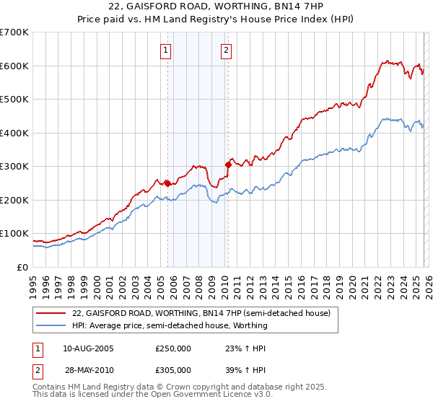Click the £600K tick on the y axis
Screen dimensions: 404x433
click(14, 66)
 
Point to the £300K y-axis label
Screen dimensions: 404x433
click(14, 167)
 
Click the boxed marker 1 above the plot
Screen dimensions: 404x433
click(166, 50)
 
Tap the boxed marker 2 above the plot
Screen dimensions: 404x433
click(226, 50)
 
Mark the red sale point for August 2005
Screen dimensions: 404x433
click(167, 183)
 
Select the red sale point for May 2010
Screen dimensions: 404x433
click(228, 164)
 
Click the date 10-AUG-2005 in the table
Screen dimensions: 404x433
click(88, 348)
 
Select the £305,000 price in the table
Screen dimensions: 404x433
click(173, 369)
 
